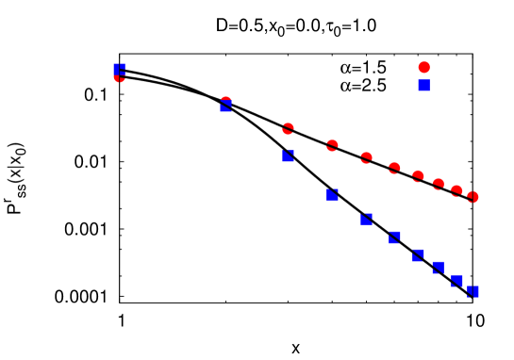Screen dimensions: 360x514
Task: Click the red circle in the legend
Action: coord(423,68)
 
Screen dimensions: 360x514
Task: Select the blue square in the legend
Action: coord(423,86)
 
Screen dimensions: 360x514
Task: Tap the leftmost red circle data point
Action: coord(120,76)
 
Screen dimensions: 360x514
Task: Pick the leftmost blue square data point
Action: coord(120,70)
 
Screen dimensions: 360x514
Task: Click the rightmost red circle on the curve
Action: coord(473,197)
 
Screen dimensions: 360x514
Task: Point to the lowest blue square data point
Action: coord(473,292)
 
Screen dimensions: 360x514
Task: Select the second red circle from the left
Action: coord(225,102)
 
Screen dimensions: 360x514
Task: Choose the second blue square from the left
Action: coord(226,106)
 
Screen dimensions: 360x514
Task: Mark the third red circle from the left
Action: coord(288,129)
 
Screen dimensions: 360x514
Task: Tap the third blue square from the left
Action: coord(288,156)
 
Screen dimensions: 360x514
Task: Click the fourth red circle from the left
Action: coord(332,145)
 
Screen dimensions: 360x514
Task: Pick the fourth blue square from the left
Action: coord(332,195)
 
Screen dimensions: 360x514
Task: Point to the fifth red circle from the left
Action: coord(366,158)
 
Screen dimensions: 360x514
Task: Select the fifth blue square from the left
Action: coord(366,220)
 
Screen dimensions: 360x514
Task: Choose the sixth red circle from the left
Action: coord(394,169)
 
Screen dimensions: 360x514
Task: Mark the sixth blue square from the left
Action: coord(394,237)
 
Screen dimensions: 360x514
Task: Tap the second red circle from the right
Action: coord(456,191)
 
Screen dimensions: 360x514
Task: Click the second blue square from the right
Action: coord(456,281)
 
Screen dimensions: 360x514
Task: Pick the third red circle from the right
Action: coord(438,185)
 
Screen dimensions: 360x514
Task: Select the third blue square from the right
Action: coord(438,269)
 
